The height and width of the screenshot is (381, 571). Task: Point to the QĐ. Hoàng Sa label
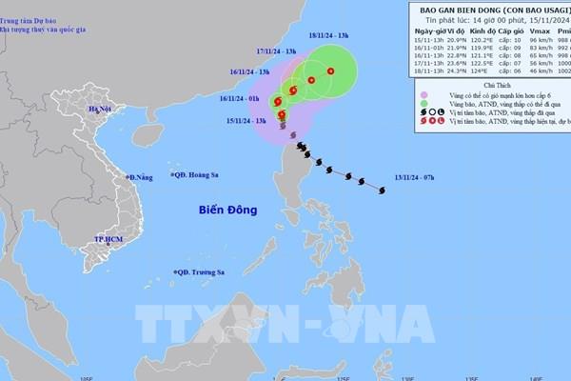tap(196, 174)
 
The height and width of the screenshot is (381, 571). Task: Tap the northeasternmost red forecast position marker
tap(330, 71)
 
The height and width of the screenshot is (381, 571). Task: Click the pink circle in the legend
tap(425, 93)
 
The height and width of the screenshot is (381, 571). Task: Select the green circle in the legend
tap(425, 103)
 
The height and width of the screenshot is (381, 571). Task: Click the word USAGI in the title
tap(542, 9)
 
